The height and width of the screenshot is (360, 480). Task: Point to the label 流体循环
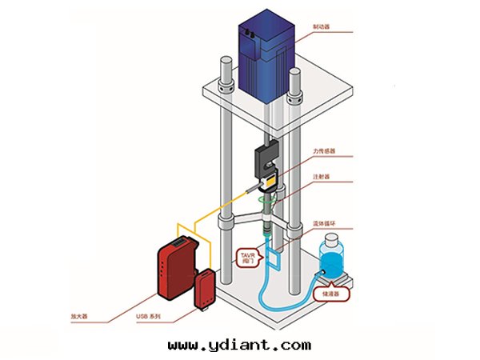coord(325,225)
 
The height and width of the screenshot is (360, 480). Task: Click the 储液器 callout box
coord(331,294)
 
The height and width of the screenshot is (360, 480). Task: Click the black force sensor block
coord(266,162)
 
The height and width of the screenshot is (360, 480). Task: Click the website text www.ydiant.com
coord(239,345)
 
